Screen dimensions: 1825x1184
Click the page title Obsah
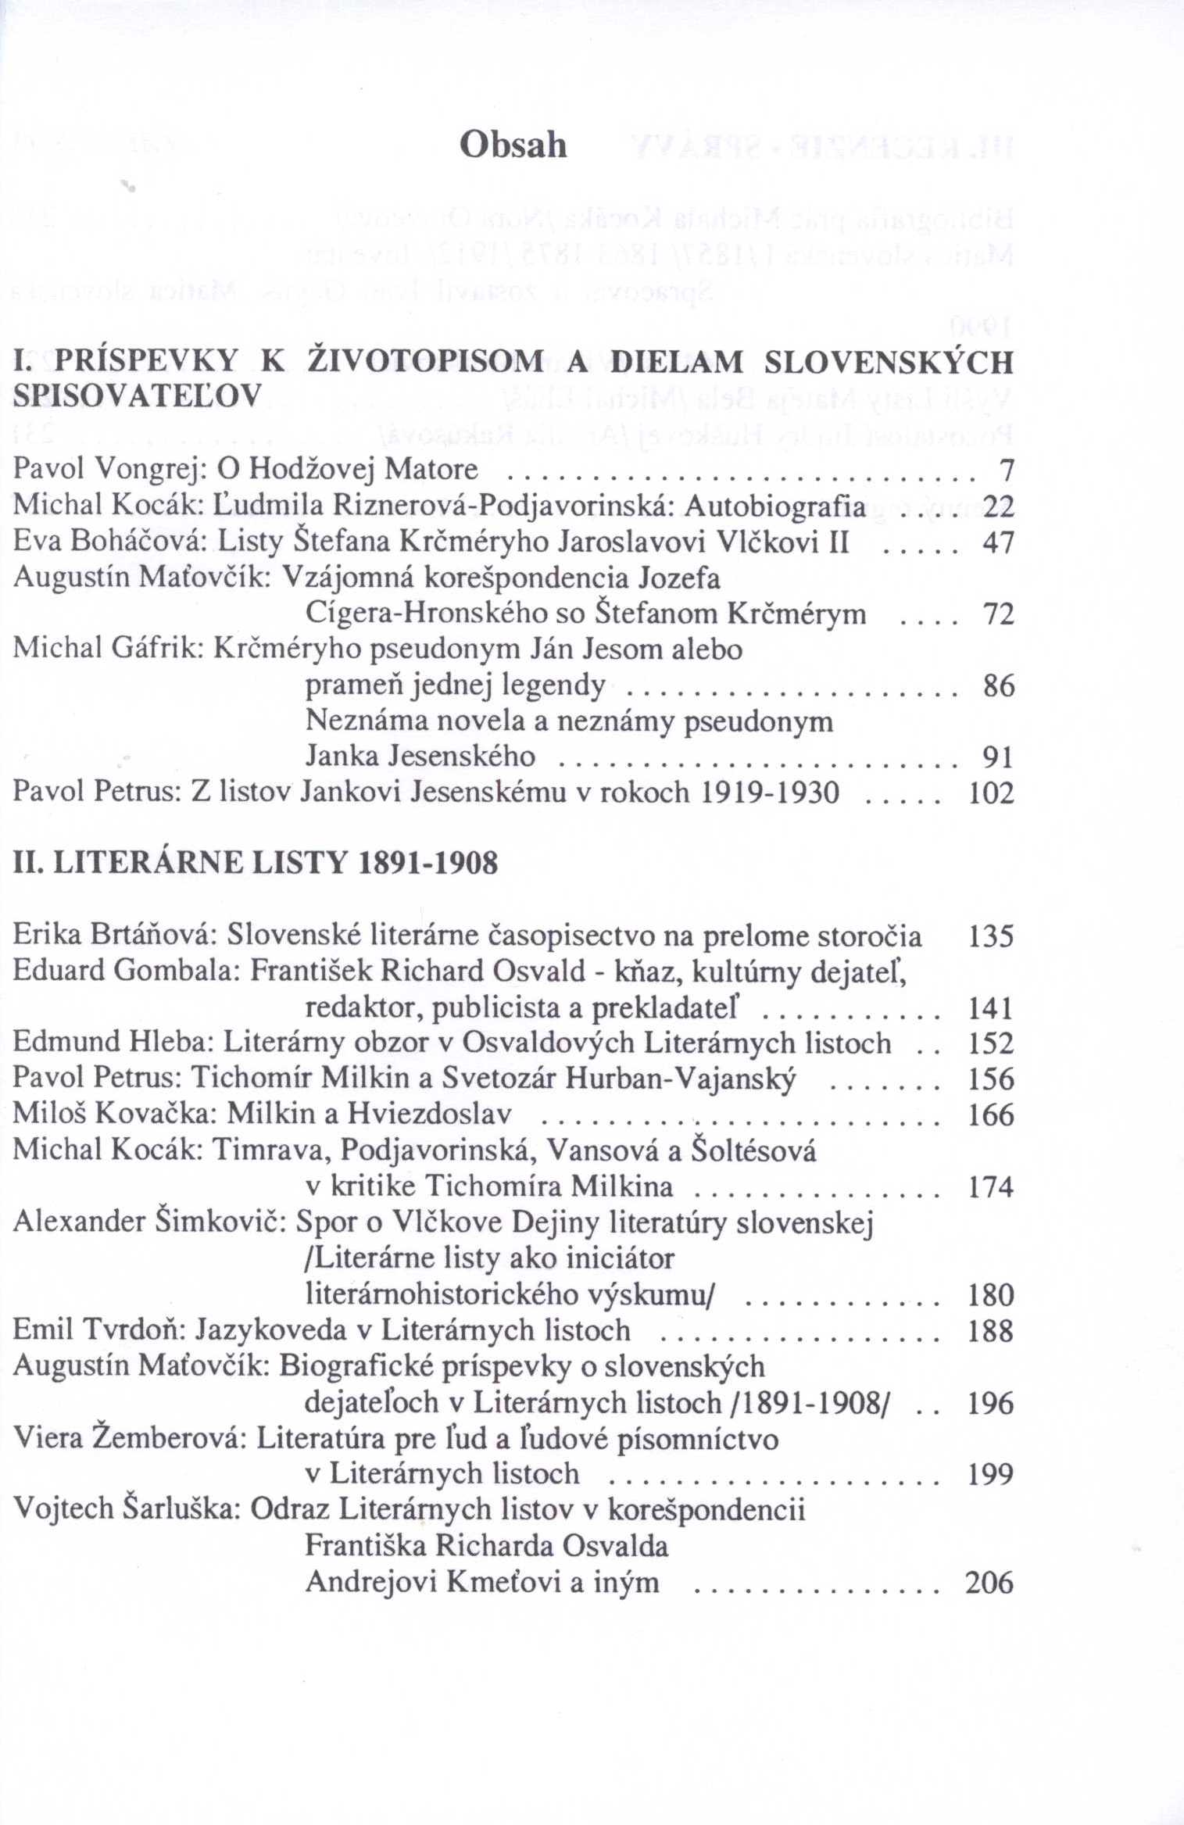pos(513,145)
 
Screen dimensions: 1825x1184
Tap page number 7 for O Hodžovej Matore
pos(1007,471)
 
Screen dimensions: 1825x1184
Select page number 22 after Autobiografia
pos(998,507)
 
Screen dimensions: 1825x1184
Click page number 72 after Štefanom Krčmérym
pos(998,614)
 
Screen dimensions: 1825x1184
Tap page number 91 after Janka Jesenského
pos(998,757)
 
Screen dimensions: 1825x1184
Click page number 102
pos(991,793)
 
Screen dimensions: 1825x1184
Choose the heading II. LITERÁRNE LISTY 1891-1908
pos(256,864)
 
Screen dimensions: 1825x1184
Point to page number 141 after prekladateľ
pos(990,1008)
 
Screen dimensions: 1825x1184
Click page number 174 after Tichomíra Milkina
pos(990,1187)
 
